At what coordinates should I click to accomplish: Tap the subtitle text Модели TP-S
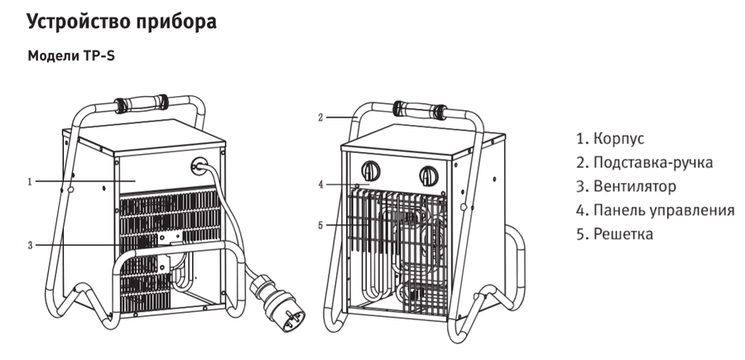click(71, 56)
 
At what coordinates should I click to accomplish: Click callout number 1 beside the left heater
click(30, 181)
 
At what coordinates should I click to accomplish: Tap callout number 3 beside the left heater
click(30, 246)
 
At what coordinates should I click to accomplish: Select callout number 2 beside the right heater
click(320, 118)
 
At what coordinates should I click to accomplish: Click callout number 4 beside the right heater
click(320, 185)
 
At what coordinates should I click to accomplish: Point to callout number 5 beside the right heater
click(320, 225)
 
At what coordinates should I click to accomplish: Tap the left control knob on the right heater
click(371, 171)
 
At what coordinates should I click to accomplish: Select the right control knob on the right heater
click(429, 175)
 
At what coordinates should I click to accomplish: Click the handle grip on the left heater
click(141, 103)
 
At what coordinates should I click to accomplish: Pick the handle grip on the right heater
click(420, 110)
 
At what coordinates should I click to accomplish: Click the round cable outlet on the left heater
click(199, 166)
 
